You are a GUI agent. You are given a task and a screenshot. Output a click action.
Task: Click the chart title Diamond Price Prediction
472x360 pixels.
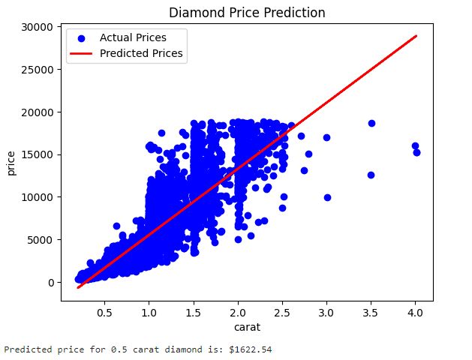247,13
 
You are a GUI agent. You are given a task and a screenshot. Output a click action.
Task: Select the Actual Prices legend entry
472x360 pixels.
133,37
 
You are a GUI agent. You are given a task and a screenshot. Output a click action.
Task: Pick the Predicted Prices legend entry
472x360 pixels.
141,53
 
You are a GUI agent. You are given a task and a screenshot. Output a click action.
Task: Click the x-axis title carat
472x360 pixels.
247,326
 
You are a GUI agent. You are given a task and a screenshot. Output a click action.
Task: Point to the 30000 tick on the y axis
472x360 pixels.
38,28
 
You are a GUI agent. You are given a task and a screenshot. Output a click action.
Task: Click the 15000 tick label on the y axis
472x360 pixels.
38,155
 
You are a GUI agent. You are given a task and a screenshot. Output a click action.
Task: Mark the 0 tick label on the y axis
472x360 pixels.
50,283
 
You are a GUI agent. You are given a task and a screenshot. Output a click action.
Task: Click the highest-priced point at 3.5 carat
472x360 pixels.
371,123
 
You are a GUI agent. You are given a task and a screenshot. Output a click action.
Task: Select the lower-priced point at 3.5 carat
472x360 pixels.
371,175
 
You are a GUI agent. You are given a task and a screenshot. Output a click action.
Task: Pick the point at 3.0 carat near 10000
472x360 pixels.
327,197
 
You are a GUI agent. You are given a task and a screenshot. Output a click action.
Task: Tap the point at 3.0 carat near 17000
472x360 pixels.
326,137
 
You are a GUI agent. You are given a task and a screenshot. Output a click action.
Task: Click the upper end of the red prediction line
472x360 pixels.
415,36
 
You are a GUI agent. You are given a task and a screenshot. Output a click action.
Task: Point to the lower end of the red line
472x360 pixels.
78,287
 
